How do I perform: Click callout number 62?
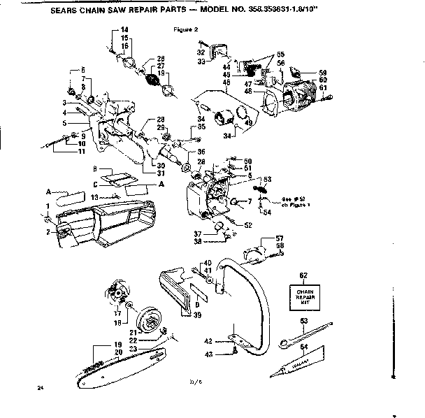point(303,276)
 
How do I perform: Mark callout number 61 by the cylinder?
point(323,88)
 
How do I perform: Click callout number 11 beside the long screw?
point(81,151)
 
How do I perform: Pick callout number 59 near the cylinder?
point(323,73)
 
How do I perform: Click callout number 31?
point(159,173)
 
